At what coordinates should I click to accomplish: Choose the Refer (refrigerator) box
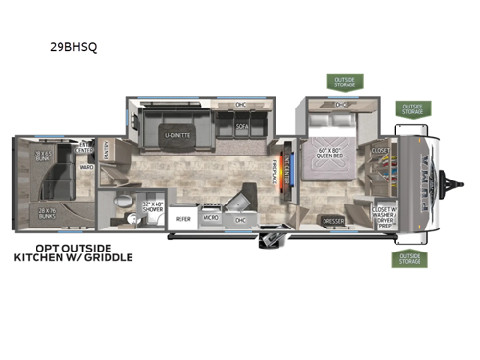coord(183,218)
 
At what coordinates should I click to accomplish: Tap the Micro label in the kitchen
coord(211,218)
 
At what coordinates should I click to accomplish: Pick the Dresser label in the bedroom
coord(332,220)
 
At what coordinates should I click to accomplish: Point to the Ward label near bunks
coord(86,167)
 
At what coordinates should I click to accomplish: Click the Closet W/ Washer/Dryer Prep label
coord(383,211)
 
